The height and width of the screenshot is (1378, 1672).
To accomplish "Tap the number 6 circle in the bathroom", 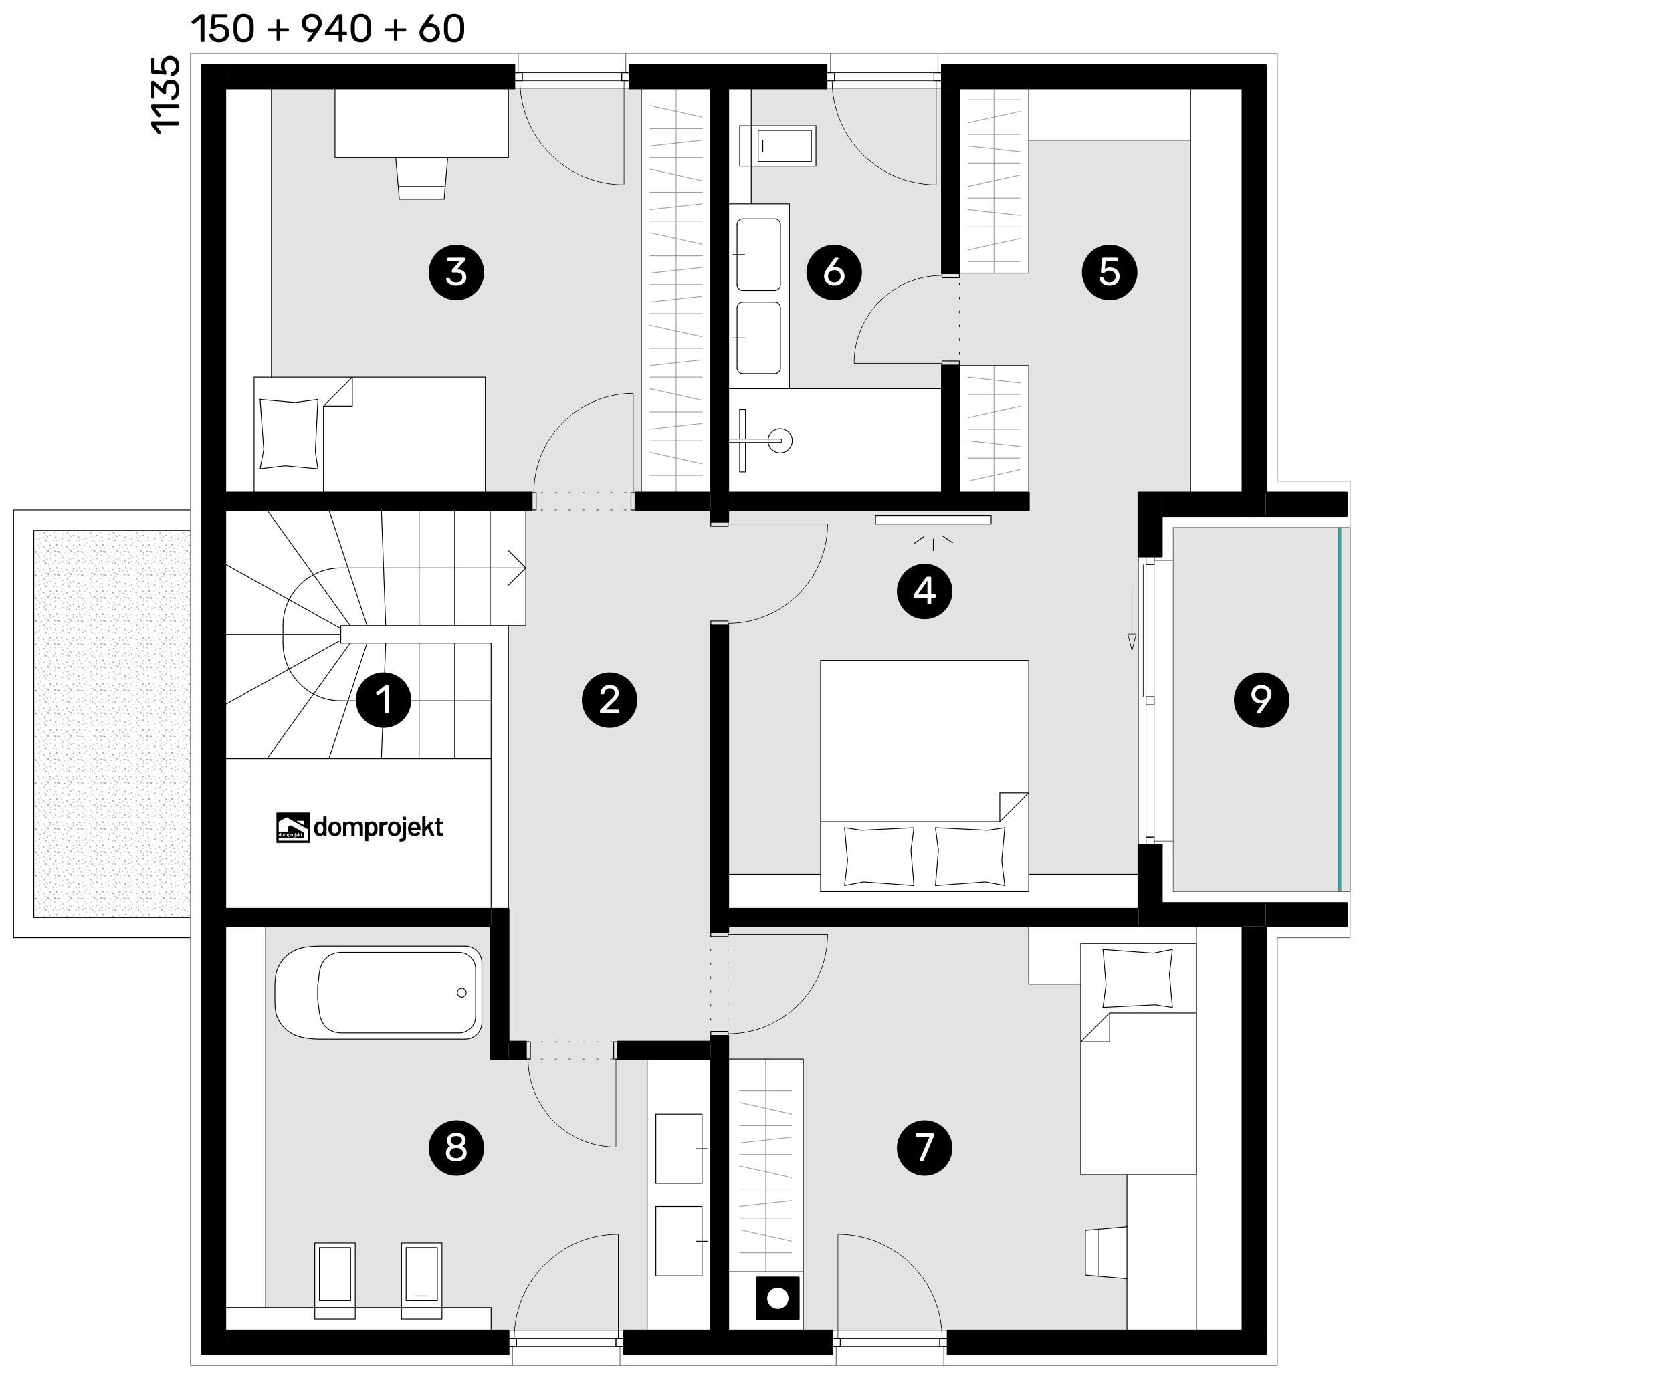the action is (833, 272).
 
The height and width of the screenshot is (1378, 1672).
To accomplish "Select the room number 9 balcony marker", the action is (1261, 699).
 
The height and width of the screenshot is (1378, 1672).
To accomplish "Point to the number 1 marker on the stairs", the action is (383, 700).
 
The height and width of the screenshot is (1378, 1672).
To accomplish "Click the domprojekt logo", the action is (359, 827).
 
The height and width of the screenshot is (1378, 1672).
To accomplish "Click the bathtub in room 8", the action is (379, 992).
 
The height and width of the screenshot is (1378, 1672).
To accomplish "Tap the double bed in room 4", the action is (924, 776).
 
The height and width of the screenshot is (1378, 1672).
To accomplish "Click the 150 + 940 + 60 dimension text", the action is (328, 29).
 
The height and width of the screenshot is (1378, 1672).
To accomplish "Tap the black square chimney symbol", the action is (777, 1298).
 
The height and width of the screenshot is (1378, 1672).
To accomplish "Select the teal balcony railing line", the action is (1340, 709).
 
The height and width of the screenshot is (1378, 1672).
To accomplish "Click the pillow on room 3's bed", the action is (289, 433).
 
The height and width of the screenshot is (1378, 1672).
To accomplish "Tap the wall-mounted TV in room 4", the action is (933, 520).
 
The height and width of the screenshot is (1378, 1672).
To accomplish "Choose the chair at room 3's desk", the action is (421, 178).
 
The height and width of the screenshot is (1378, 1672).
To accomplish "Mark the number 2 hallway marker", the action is (609, 700).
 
